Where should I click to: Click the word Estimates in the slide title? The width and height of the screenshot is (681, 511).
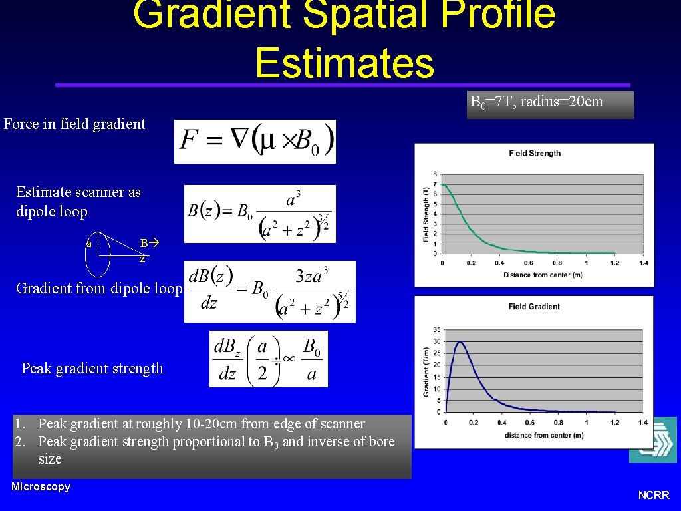pyautogui.click(x=344, y=63)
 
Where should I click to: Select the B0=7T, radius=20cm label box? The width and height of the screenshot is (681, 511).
pyautogui.click(x=550, y=104)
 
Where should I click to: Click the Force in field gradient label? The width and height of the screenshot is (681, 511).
pyautogui.click(x=74, y=124)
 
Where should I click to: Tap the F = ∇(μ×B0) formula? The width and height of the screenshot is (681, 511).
pyautogui.click(x=255, y=141)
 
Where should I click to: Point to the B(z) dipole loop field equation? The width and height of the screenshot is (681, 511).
pyautogui.click(x=259, y=214)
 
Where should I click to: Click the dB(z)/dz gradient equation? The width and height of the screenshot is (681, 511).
pyautogui.click(x=269, y=291)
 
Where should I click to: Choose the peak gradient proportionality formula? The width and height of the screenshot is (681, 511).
pyautogui.click(x=268, y=359)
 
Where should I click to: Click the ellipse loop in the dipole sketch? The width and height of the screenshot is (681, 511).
pyautogui.click(x=98, y=254)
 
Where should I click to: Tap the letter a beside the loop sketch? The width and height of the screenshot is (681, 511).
pyautogui.click(x=88, y=244)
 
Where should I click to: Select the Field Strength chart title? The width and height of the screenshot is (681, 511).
pyautogui.click(x=534, y=153)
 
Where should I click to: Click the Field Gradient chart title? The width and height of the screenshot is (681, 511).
pyautogui.click(x=534, y=307)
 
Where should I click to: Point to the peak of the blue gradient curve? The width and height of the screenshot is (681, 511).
pyautogui.click(x=460, y=342)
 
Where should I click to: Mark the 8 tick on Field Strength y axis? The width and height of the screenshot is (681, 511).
pyautogui.click(x=435, y=174)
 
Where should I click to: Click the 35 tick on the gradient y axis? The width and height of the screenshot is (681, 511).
pyautogui.click(x=436, y=329)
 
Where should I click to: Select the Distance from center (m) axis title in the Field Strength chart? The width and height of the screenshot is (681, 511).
pyautogui.click(x=543, y=275)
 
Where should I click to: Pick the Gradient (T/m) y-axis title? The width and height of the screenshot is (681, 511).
pyautogui.click(x=426, y=371)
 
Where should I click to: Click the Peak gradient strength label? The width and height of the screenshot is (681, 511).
pyautogui.click(x=92, y=368)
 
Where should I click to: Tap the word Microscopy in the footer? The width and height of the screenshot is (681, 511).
pyautogui.click(x=41, y=486)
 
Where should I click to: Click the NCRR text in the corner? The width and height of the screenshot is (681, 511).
pyautogui.click(x=653, y=495)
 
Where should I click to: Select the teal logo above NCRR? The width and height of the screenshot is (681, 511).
pyautogui.click(x=652, y=440)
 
